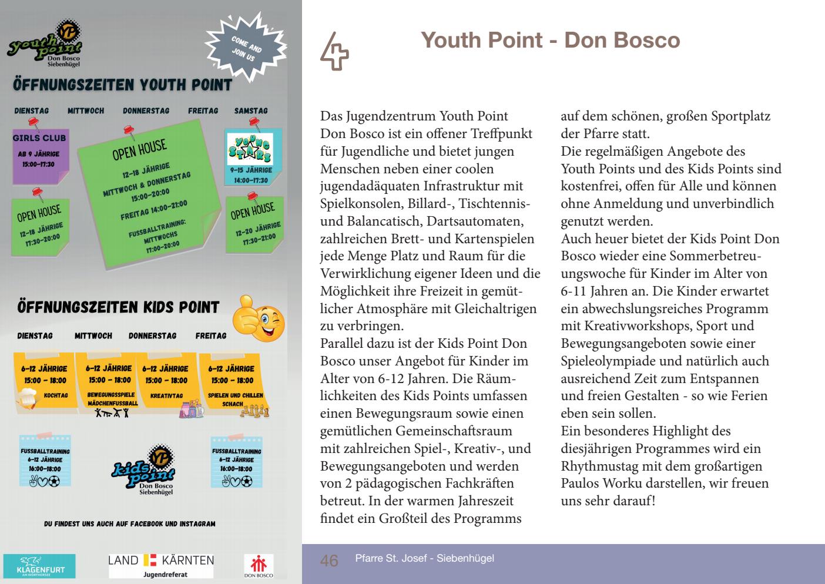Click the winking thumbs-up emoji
click(x=259, y=317)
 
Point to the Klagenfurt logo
click(x=39, y=566)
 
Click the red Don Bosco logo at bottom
click(x=259, y=566)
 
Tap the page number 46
click(x=329, y=560)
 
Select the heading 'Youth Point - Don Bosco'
click(x=551, y=40)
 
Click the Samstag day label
click(x=251, y=110)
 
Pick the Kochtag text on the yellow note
click(x=56, y=396)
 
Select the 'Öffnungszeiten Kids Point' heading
click(x=118, y=307)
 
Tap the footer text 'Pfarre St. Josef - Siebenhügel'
click(x=424, y=558)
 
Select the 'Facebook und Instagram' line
click(x=130, y=523)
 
